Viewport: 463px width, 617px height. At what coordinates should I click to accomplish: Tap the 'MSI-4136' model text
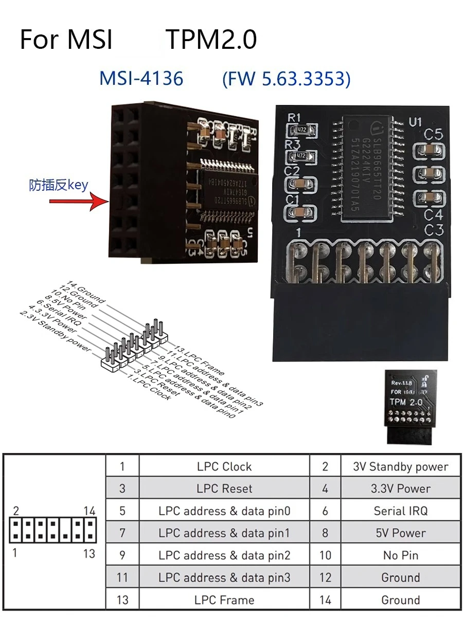(x=141, y=79)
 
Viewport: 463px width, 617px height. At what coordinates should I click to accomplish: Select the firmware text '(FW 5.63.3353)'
(x=286, y=79)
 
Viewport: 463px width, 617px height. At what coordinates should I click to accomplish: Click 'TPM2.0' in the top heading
(x=211, y=40)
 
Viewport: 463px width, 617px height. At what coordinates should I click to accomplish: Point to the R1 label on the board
(x=294, y=117)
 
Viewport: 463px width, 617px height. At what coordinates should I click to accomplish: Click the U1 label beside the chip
(x=415, y=122)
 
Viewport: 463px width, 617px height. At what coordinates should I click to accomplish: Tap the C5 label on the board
(x=434, y=135)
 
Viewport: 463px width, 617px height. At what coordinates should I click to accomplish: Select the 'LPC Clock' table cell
(x=224, y=466)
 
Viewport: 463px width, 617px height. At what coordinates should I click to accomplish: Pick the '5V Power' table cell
(x=400, y=533)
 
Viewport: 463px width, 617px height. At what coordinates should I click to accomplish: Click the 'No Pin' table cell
(x=400, y=555)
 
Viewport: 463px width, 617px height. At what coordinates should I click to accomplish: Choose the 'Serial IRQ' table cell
(x=400, y=511)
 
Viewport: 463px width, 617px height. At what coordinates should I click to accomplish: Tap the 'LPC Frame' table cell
(x=224, y=600)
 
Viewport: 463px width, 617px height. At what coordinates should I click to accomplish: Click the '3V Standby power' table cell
(x=400, y=466)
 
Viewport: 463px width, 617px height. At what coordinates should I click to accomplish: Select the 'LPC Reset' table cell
(x=224, y=488)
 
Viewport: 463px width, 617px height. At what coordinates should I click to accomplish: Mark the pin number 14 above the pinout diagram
(x=90, y=511)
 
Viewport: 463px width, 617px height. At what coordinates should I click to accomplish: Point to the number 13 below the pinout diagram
(x=89, y=553)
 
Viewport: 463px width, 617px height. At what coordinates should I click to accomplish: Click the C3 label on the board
(x=434, y=230)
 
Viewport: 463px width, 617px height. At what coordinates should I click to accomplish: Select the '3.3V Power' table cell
(x=400, y=488)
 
